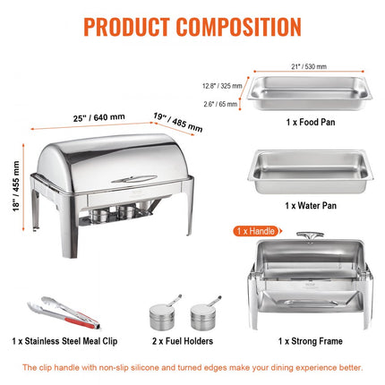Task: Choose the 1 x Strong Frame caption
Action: pos(308,341)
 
